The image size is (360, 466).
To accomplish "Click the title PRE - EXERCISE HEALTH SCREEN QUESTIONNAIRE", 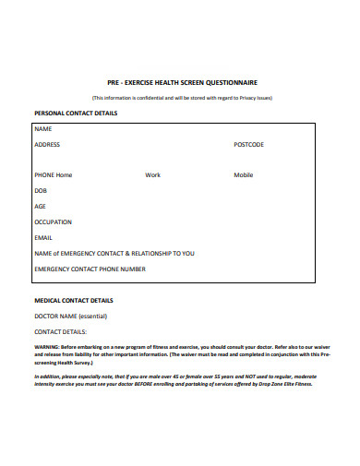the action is click(x=180, y=81).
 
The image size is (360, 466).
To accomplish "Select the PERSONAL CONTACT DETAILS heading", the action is click(x=75, y=113).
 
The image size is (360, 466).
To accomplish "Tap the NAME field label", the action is click(x=42, y=129).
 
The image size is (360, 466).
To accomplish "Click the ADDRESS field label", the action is click(x=47, y=145).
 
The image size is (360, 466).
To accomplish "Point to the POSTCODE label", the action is click(x=248, y=145).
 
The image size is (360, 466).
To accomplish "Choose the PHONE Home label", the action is click(x=53, y=174).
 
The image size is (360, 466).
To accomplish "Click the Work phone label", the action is click(x=152, y=174).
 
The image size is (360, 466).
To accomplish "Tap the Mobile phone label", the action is click(x=243, y=174).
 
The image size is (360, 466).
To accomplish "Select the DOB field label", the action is click(x=41, y=190).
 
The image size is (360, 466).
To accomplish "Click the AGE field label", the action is click(x=40, y=206).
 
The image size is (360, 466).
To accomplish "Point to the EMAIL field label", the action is click(x=43, y=237).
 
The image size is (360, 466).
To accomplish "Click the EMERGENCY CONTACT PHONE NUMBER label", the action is click(x=89, y=269).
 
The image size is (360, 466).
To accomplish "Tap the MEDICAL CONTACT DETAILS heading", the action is click(x=73, y=300).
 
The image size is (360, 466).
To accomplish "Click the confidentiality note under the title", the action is click(x=180, y=97).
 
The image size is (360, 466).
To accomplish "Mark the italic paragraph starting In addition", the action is click(x=180, y=380).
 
